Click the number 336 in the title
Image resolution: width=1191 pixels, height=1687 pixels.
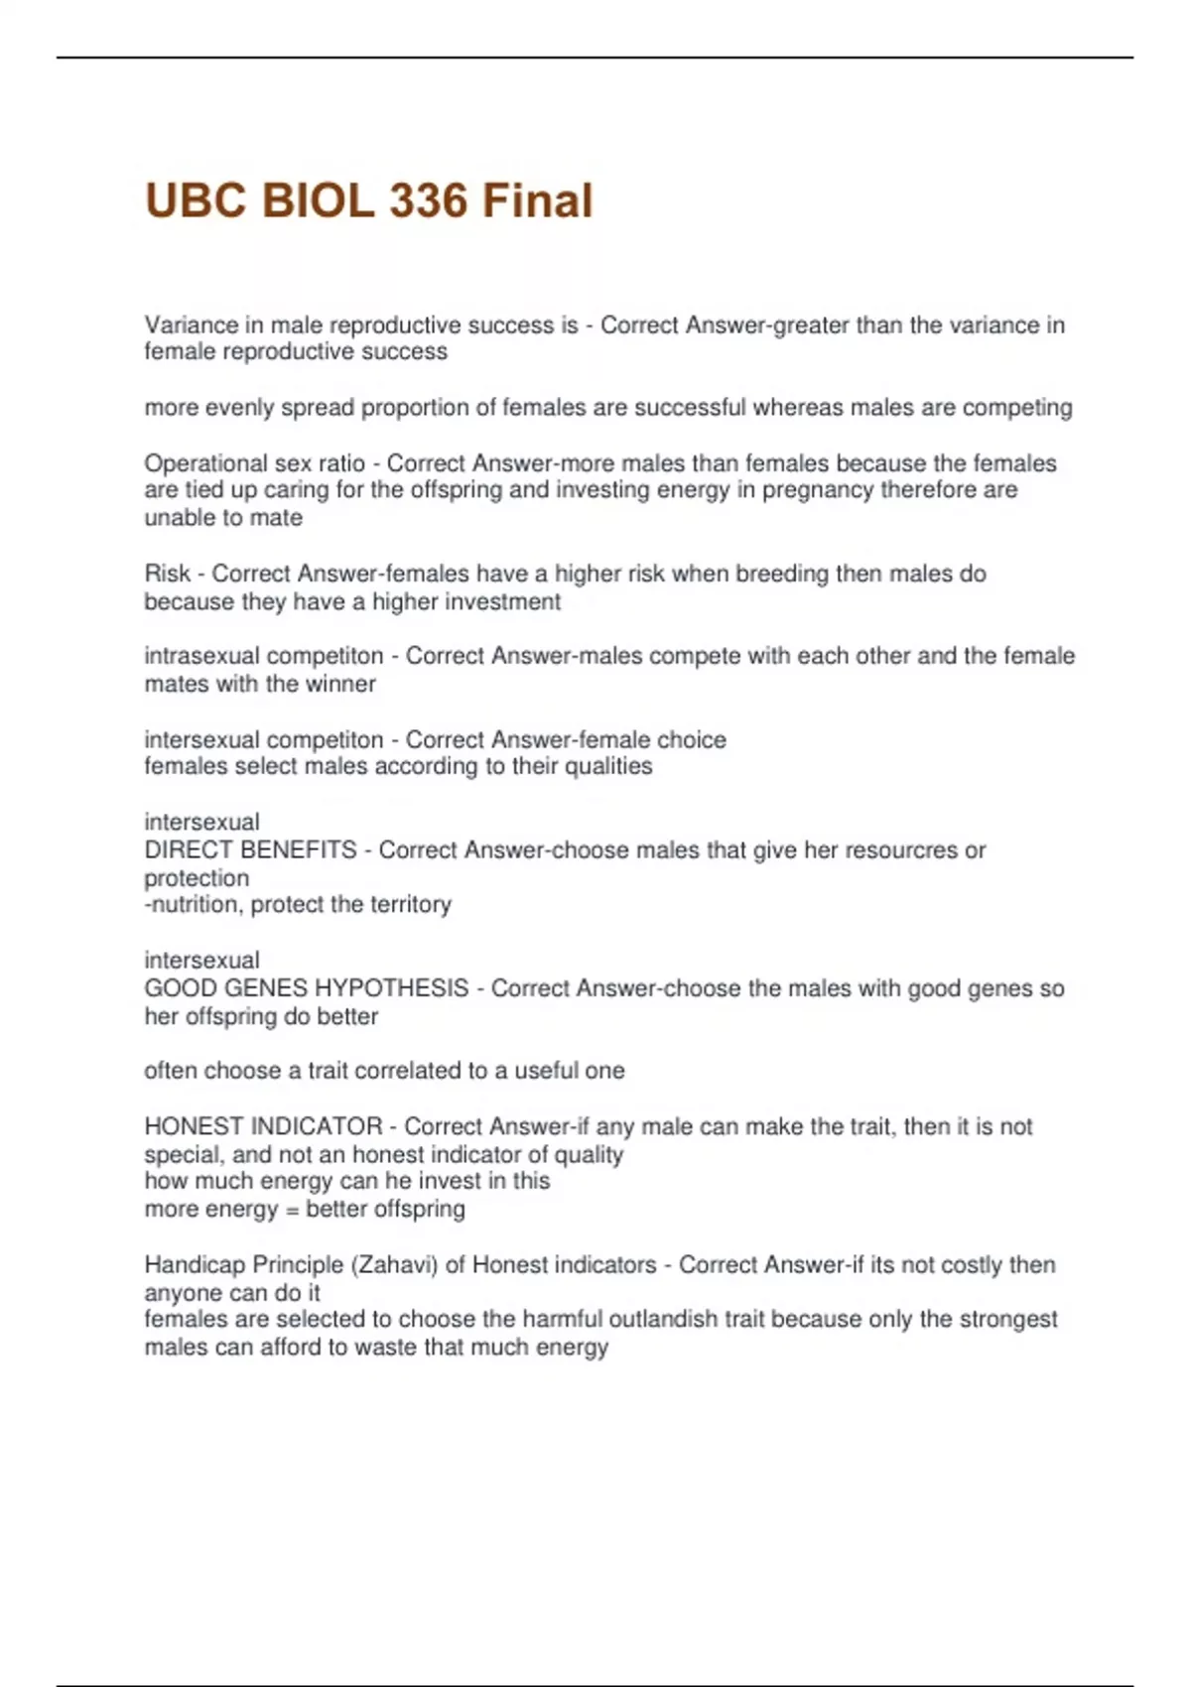(x=428, y=200)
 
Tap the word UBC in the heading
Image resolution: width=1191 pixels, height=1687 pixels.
(x=196, y=200)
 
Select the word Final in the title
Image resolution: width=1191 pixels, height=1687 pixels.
(x=537, y=200)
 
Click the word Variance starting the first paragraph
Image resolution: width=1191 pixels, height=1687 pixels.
(x=191, y=325)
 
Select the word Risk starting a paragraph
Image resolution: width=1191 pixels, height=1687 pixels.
(x=167, y=574)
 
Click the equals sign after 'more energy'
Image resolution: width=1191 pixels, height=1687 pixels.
(x=292, y=1210)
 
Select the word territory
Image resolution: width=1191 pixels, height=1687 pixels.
(x=410, y=905)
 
